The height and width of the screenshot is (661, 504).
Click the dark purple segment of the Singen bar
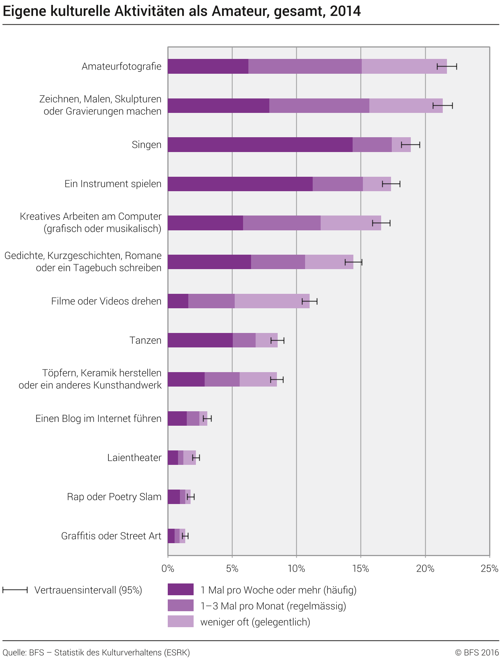[x=260, y=145]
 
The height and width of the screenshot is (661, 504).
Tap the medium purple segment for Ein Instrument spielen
[x=338, y=184]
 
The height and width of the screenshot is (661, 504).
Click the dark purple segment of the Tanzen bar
[x=200, y=340]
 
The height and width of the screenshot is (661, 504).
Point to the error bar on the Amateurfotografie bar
[x=447, y=67]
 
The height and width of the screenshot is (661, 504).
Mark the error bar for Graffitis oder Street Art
[x=185, y=536]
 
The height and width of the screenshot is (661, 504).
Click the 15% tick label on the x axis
[x=361, y=569]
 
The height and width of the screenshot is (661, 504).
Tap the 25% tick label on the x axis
[x=490, y=569]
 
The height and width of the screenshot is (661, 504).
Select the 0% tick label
[x=168, y=569]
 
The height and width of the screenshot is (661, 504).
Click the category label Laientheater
[x=134, y=458]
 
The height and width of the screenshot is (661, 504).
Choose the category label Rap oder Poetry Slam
[x=114, y=497]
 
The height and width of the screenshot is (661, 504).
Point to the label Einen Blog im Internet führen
[x=98, y=418]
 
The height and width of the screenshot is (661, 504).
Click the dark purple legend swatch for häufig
[x=181, y=590]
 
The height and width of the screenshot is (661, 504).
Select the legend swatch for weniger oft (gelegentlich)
[x=181, y=621]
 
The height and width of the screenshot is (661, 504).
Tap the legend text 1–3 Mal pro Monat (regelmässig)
[x=273, y=606]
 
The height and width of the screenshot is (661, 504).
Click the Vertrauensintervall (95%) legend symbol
[x=15, y=590]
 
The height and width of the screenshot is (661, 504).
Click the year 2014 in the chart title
[x=345, y=11]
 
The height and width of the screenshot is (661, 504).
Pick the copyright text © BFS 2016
[x=477, y=653]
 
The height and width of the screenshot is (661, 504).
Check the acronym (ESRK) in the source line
[x=177, y=653]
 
